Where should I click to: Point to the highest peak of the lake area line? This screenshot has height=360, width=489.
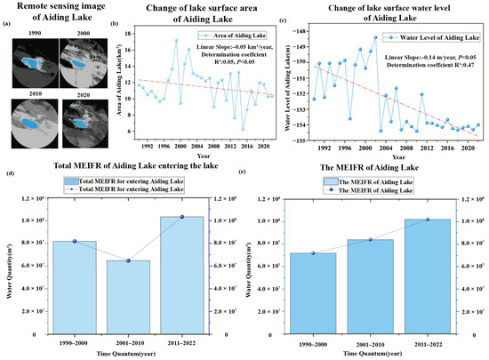176,40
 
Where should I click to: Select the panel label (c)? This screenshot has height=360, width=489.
283,19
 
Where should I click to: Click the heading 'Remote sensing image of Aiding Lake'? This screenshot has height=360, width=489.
60,13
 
